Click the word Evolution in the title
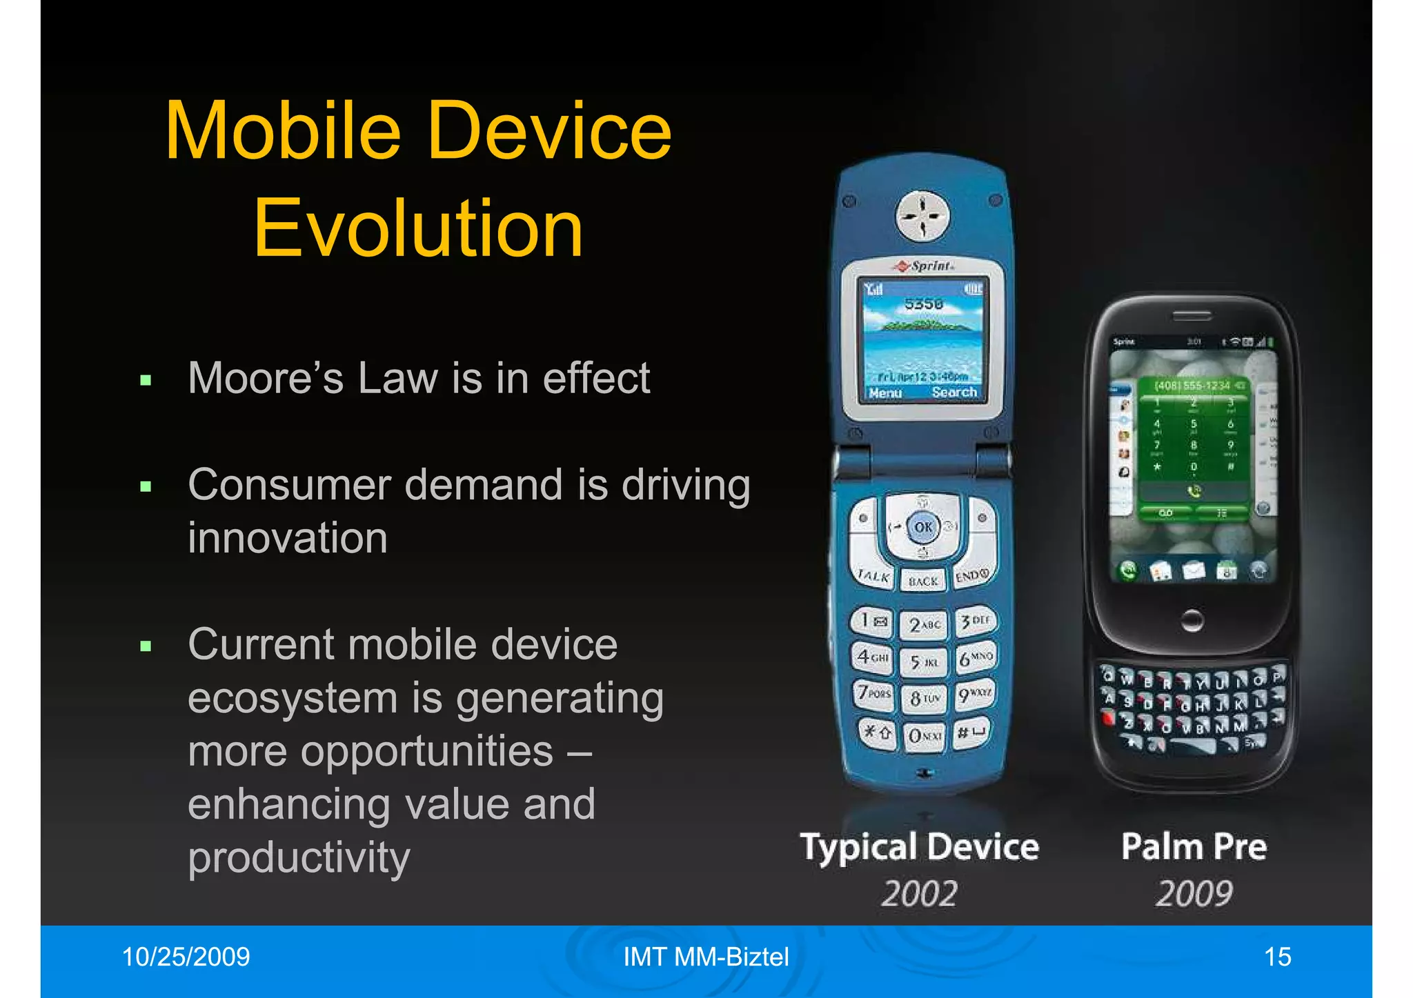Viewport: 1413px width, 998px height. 418,228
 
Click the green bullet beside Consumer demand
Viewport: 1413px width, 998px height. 146,487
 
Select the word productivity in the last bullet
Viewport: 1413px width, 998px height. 299,857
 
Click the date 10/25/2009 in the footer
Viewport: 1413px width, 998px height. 186,957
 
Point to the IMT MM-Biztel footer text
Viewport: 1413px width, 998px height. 706,957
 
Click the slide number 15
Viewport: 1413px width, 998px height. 1277,957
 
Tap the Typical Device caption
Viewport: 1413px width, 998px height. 919,847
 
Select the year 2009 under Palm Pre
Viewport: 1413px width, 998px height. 1194,894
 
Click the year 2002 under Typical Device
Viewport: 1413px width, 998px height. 919,894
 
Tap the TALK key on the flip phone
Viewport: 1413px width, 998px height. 873,577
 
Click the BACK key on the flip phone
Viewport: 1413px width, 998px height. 923,581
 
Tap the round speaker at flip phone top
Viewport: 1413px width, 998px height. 922,215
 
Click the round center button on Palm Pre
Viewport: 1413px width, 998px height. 1192,619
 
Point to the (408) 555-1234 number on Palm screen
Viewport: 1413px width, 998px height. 1192,386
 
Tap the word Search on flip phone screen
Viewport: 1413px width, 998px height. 954,392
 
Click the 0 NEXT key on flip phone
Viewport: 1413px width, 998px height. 924,736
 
